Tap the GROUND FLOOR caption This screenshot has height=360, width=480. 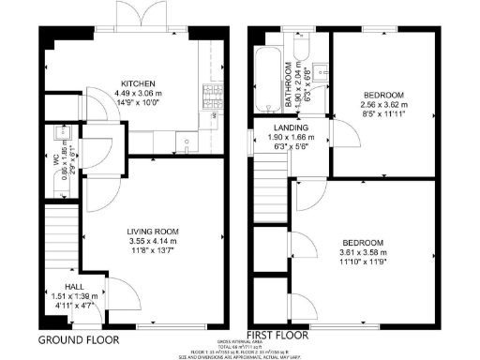[x=78, y=339]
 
